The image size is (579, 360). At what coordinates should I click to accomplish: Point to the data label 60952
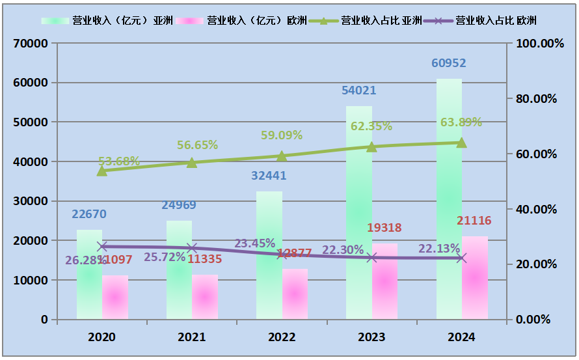click(449, 63)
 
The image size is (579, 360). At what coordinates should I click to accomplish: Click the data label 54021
click(359, 90)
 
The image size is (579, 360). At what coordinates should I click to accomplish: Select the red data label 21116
click(474, 221)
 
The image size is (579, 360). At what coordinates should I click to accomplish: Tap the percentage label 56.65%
click(197, 145)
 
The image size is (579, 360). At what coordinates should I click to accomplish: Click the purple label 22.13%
click(439, 249)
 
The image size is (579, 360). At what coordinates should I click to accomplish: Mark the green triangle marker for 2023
click(371, 146)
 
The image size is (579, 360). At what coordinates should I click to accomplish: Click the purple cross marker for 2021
click(192, 248)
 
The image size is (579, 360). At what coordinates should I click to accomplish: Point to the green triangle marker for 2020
click(102, 171)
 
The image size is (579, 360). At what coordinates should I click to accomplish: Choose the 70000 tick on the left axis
click(31, 44)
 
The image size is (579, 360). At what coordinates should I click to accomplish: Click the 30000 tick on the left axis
click(31, 201)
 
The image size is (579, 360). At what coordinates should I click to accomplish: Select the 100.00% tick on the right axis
click(539, 44)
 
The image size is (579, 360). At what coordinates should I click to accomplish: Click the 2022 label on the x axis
click(282, 337)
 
